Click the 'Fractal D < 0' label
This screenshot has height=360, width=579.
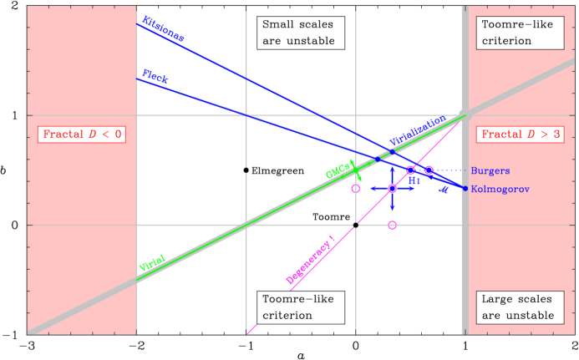pos(82,134)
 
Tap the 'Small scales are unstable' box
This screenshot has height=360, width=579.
pos(300,33)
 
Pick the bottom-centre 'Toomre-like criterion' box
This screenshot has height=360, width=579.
pos(300,307)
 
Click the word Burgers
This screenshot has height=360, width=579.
pos(489,170)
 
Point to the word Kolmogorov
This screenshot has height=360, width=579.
pos(500,189)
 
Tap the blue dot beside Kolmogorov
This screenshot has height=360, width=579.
pos(465,188)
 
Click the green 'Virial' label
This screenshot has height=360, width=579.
pos(151,264)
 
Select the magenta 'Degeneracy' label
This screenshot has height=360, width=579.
pos(311,260)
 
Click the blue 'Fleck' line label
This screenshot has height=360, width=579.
pos(155,77)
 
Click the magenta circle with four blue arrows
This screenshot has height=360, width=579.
pos(392,189)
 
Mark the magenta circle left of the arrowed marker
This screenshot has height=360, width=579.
pos(356,189)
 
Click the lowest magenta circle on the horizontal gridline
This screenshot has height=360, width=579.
pos(392,225)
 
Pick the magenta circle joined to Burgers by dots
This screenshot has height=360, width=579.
pos(429,170)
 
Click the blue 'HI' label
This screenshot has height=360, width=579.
pos(414,180)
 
